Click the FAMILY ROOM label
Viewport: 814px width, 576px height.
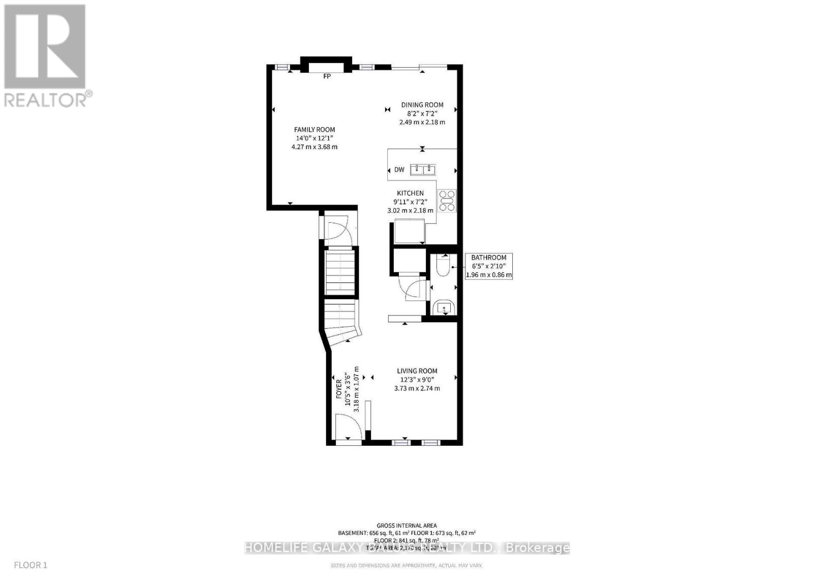tap(314, 130)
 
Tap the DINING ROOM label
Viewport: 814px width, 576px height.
tap(422, 105)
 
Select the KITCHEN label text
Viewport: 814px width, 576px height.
tap(410, 193)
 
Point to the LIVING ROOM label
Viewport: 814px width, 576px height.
tap(417, 371)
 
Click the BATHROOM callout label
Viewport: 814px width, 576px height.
tap(488, 257)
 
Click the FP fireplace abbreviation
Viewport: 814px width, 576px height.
tap(327, 76)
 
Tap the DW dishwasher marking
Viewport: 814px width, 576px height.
tap(399, 169)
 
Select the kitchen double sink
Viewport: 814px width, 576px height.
tap(423, 169)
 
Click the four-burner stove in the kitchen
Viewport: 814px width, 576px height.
tap(448, 200)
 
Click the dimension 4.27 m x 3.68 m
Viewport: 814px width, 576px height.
tap(314, 147)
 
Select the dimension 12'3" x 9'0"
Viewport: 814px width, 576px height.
tap(417, 380)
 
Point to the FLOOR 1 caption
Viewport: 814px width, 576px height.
tap(31, 565)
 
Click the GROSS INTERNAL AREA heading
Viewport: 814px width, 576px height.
tap(406, 526)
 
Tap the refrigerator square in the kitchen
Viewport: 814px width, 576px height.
tap(409, 231)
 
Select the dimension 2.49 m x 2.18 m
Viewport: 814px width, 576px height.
tap(422, 122)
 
